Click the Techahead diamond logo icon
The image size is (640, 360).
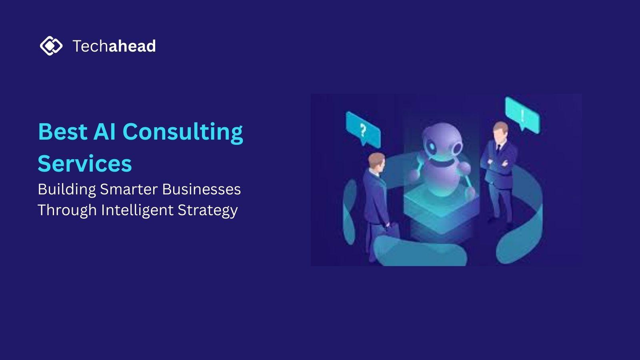click(x=51, y=46)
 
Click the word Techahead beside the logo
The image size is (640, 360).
click(x=114, y=46)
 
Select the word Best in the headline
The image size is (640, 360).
click(x=62, y=132)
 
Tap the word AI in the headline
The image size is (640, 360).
click(x=104, y=132)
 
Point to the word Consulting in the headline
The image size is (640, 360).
click(x=183, y=133)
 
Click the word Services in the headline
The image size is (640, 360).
click(x=84, y=164)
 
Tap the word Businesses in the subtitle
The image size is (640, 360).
click(x=202, y=189)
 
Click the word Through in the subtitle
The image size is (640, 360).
click(x=67, y=210)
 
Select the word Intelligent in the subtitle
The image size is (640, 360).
click(x=137, y=210)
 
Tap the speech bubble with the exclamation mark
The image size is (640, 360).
click(x=522, y=115)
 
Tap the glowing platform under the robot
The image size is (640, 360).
click(x=442, y=212)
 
